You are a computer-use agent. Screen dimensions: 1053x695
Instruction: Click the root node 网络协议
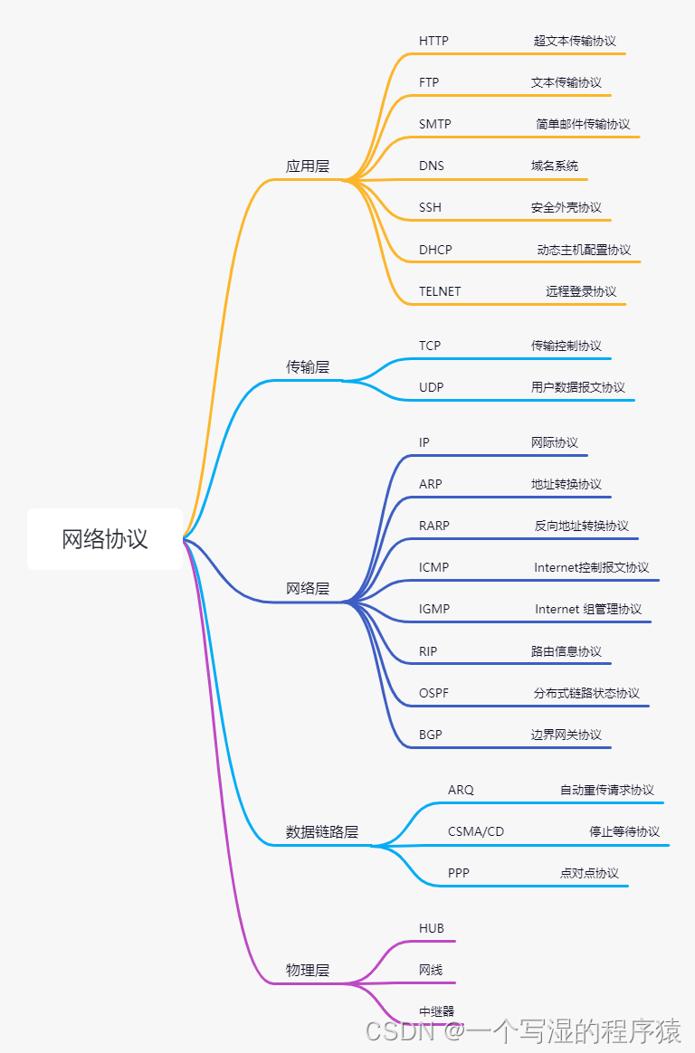(x=104, y=539)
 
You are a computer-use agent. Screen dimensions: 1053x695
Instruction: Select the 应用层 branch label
(x=308, y=166)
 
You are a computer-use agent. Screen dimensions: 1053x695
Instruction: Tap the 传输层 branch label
(x=308, y=367)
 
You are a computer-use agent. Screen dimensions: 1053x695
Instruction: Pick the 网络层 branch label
(x=308, y=589)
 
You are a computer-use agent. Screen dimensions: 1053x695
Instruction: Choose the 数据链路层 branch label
(x=322, y=832)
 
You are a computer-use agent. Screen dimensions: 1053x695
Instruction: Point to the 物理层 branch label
(x=308, y=971)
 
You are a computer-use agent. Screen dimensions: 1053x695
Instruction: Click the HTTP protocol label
(x=433, y=42)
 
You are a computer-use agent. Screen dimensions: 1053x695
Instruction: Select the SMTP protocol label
(x=434, y=125)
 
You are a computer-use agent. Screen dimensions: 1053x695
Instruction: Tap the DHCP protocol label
(x=435, y=251)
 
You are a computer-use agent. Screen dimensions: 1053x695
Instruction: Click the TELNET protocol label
(x=440, y=292)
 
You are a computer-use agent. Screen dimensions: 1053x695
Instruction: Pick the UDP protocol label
(x=431, y=388)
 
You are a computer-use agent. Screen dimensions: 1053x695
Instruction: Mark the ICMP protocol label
(x=433, y=568)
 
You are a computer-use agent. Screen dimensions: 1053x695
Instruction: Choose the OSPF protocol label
(x=433, y=694)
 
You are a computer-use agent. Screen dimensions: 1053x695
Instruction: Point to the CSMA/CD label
(x=476, y=832)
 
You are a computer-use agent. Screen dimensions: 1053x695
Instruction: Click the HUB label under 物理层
(x=432, y=929)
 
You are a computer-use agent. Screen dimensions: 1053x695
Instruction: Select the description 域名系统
(x=555, y=166)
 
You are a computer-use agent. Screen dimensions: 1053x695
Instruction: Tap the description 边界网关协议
(x=566, y=735)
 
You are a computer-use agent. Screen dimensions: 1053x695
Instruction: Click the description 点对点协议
(x=589, y=874)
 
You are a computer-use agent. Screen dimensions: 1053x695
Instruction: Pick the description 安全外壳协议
(x=566, y=208)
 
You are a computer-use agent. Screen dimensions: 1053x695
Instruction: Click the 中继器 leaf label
(x=436, y=1012)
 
